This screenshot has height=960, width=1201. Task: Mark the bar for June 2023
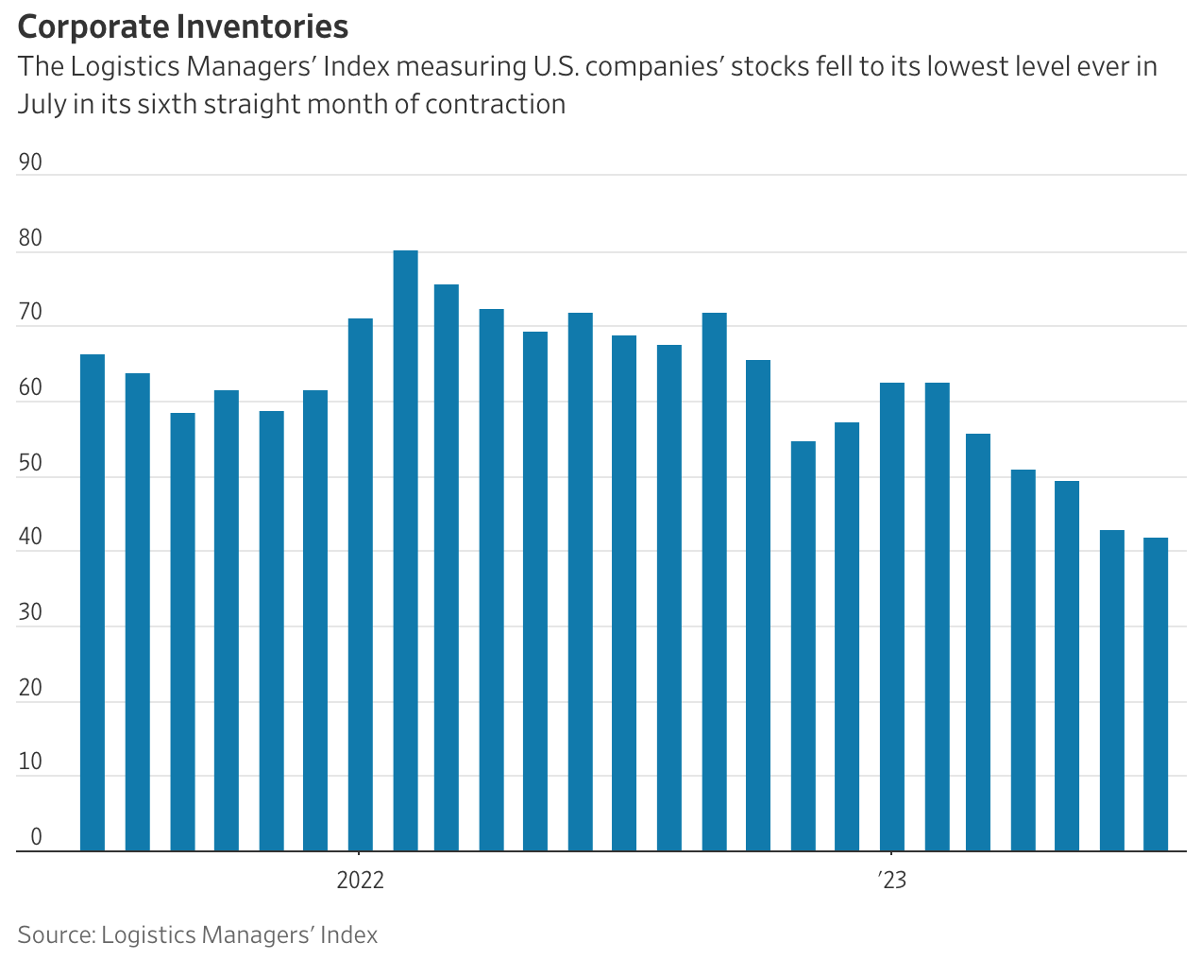tap(1111, 690)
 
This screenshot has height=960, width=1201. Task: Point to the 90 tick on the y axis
tap(30, 163)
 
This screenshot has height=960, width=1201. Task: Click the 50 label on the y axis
tap(30, 463)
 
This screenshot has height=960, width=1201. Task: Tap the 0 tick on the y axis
tap(36, 837)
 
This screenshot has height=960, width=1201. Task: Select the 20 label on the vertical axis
tap(30, 688)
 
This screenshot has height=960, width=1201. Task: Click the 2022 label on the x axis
tap(361, 881)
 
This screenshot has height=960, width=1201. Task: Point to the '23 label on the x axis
tap(892, 881)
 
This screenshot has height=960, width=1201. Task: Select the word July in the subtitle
tap(42, 104)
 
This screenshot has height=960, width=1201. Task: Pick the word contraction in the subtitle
tap(495, 104)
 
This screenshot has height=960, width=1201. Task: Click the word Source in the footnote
tap(55, 935)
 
